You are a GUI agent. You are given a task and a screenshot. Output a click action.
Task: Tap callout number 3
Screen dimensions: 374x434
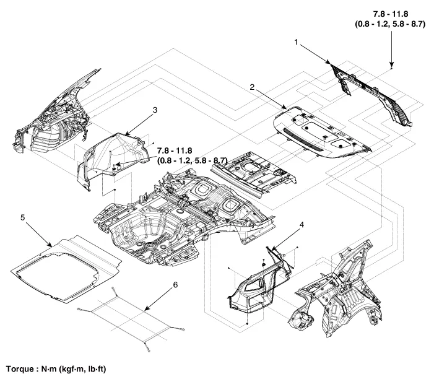pyautogui.click(x=155, y=110)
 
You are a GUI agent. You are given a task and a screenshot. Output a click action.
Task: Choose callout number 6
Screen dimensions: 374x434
pyautogui.click(x=175, y=284)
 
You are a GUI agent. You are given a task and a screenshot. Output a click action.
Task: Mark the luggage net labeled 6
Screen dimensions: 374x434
pyautogui.click(x=133, y=313)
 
